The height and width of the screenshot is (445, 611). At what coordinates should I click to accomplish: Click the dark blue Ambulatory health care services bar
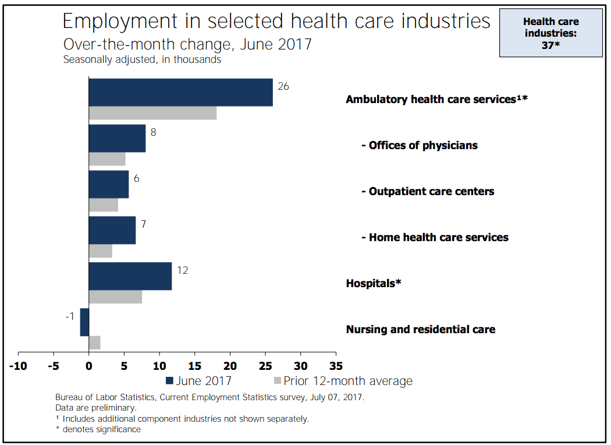tap(180, 92)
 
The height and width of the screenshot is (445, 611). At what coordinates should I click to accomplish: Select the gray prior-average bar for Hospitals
tap(115, 296)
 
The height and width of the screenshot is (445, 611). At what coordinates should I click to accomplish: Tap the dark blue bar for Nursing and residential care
tap(84, 322)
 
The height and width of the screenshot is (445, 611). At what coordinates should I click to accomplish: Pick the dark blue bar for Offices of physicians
tap(117, 138)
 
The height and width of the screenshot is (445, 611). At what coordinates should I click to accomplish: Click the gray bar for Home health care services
tap(100, 251)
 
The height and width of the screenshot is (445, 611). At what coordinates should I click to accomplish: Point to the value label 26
tap(283, 86)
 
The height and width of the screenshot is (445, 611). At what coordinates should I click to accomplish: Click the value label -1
tap(70, 316)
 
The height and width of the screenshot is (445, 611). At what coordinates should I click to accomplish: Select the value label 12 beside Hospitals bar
tap(182, 270)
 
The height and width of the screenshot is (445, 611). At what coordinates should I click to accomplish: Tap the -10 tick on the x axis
tap(18, 366)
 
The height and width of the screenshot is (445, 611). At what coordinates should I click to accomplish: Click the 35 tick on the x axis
tap(336, 366)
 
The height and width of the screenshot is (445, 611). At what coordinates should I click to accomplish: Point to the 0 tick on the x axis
tap(89, 366)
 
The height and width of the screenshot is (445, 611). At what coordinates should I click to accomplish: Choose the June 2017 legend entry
tap(199, 381)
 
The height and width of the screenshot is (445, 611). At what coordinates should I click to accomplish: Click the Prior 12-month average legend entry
tap(343, 381)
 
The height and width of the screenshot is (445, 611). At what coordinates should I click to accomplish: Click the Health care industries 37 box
tap(550, 33)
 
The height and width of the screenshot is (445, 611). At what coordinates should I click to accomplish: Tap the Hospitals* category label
tap(374, 284)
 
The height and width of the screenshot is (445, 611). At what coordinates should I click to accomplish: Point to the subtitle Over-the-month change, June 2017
tap(187, 44)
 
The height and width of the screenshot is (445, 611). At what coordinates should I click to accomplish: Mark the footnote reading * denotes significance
tap(98, 429)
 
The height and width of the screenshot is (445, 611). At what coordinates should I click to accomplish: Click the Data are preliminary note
tap(96, 408)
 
